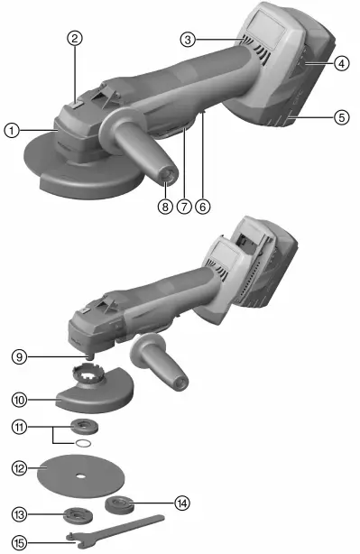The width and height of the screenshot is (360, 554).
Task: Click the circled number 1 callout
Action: [11, 130]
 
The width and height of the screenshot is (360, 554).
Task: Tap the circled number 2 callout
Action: [75, 38]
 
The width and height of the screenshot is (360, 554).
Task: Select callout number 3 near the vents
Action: [188, 39]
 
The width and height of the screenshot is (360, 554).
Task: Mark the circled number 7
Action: [184, 206]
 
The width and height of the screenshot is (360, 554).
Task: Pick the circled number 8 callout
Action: [165, 206]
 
